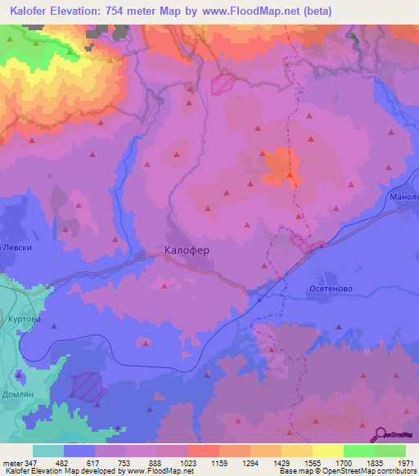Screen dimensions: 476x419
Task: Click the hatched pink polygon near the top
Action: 222,83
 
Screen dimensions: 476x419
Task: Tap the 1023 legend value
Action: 187,463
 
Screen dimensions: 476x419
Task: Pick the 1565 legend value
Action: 312,463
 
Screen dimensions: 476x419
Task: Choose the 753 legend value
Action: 125,463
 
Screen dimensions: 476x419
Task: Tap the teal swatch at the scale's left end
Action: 48,451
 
